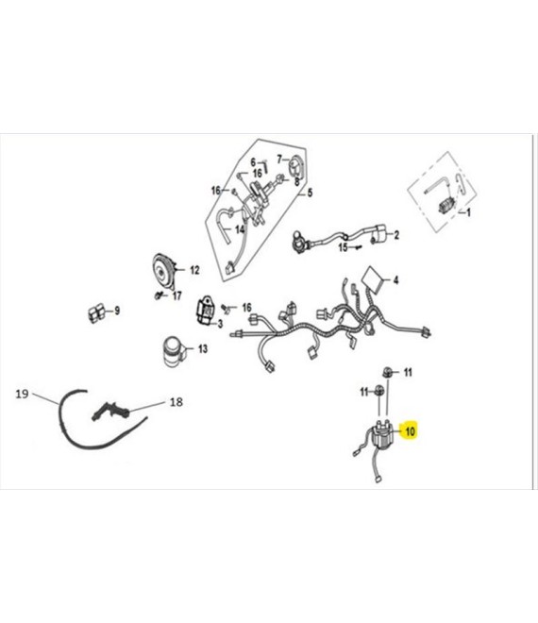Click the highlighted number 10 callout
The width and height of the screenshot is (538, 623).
click(x=410, y=431)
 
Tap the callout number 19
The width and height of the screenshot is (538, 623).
click(x=22, y=395)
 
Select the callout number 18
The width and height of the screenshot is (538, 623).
click(x=176, y=402)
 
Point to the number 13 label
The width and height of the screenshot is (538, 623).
click(x=203, y=349)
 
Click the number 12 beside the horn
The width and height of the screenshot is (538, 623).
click(x=194, y=270)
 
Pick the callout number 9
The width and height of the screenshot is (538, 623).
click(x=117, y=311)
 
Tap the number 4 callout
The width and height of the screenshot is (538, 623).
click(x=395, y=280)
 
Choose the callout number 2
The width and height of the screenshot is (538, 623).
click(x=396, y=235)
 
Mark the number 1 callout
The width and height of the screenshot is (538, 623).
click(x=468, y=212)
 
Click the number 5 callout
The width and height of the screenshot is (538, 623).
click(x=310, y=193)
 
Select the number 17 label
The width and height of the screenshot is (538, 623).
click(x=177, y=295)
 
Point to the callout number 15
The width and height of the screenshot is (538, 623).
click(x=343, y=247)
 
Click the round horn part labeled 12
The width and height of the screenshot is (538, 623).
click(x=163, y=272)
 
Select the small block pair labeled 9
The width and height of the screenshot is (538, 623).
click(x=96, y=313)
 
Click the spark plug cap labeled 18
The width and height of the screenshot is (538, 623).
click(x=110, y=411)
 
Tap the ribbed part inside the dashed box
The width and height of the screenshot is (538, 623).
click(x=446, y=205)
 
